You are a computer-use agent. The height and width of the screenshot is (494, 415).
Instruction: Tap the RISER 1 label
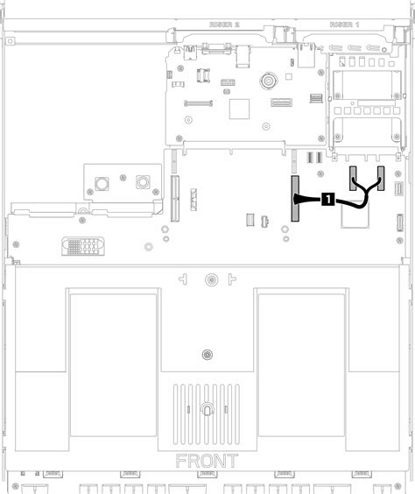344,25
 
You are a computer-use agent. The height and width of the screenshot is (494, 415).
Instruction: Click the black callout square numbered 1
327,199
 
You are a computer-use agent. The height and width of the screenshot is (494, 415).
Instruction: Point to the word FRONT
207,461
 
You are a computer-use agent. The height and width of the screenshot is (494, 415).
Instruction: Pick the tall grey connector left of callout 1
295,198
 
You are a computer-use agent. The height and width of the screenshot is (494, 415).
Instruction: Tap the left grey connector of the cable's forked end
354,179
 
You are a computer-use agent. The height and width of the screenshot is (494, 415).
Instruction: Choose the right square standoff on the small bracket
142,184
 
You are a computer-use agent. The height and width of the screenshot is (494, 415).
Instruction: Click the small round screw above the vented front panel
206,356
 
